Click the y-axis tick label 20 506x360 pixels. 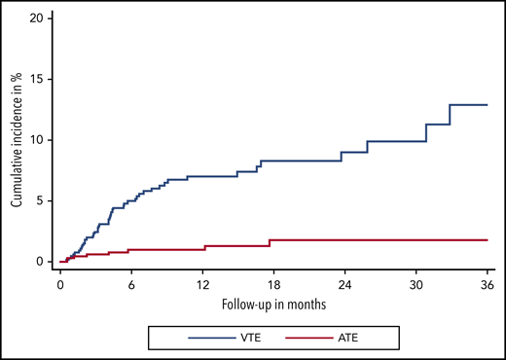37,18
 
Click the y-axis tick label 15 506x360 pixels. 37,79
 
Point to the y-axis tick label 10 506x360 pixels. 37,140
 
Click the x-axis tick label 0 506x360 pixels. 60,286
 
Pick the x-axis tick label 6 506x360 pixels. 131,286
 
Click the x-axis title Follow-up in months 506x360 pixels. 273,305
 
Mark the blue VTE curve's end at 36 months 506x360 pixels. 486,104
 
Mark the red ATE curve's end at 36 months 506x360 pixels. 486,239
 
